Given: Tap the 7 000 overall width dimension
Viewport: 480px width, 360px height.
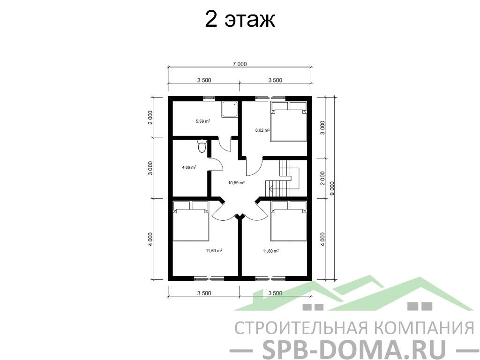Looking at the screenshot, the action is pyautogui.click(x=240, y=64).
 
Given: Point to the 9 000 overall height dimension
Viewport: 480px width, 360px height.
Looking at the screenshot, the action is pyautogui.click(x=332, y=188).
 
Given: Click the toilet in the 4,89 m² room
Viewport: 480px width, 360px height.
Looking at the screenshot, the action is pyautogui.click(x=202, y=146).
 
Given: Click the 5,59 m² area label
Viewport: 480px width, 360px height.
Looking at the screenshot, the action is pyautogui.click(x=203, y=121).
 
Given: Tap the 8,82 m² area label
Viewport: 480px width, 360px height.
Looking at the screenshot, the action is pyautogui.click(x=262, y=130).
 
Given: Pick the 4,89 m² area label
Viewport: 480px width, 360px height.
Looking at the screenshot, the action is pyautogui.click(x=189, y=167).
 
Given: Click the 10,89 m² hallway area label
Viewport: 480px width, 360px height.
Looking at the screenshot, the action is pyautogui.click(x=236, y=183).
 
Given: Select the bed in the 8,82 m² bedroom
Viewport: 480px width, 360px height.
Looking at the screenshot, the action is pyautogui.click(x=288, y=121).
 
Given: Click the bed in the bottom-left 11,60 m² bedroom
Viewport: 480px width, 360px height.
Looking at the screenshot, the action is pyautogui.click(x=191, y=221).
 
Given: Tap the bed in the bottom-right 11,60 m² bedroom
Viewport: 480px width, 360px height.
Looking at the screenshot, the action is pyautogui.click(x=288, y=221).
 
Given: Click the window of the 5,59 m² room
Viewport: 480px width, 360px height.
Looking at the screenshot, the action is pyautogui.click(x=209, y=98).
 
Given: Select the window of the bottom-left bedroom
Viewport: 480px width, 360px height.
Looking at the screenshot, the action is pyautogui.click(x=209, y=278).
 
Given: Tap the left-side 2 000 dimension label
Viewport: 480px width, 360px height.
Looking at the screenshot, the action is pyautogui.click(x=150, y=117).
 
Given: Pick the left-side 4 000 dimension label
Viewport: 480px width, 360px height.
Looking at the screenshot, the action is pyautogui.click(x=150, y=240).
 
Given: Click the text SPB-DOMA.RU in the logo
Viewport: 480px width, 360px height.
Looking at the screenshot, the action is pyautogui.click(x=354, y=349).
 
